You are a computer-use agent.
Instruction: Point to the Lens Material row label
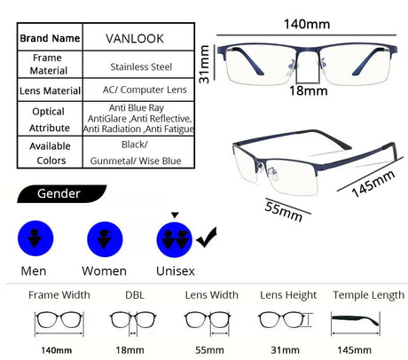tap(50, 90)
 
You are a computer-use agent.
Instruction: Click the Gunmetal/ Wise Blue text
tap(136, 160)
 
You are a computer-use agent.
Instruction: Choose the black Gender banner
tap(61, 194)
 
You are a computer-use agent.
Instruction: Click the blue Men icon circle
tap(35, 239)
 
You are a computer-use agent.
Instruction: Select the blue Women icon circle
tap(105, 239)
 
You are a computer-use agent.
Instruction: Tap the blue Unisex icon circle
tap(175, 239)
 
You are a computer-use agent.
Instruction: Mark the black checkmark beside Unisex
tap(207, 238)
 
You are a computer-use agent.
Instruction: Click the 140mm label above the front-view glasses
tap(307, 24)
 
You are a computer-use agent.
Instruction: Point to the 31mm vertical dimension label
tap(204, 65)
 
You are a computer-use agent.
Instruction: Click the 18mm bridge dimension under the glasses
tap(309, 90)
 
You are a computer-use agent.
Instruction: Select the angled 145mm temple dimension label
tap(373, 184)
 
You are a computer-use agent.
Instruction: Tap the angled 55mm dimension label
tap(284, 211)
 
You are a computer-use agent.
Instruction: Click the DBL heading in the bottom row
tap(135, 295)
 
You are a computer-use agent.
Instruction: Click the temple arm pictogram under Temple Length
tap(355, 320)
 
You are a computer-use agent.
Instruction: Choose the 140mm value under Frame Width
tap(56, 350)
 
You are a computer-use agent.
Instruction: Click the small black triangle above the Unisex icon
tap(175, 215)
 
